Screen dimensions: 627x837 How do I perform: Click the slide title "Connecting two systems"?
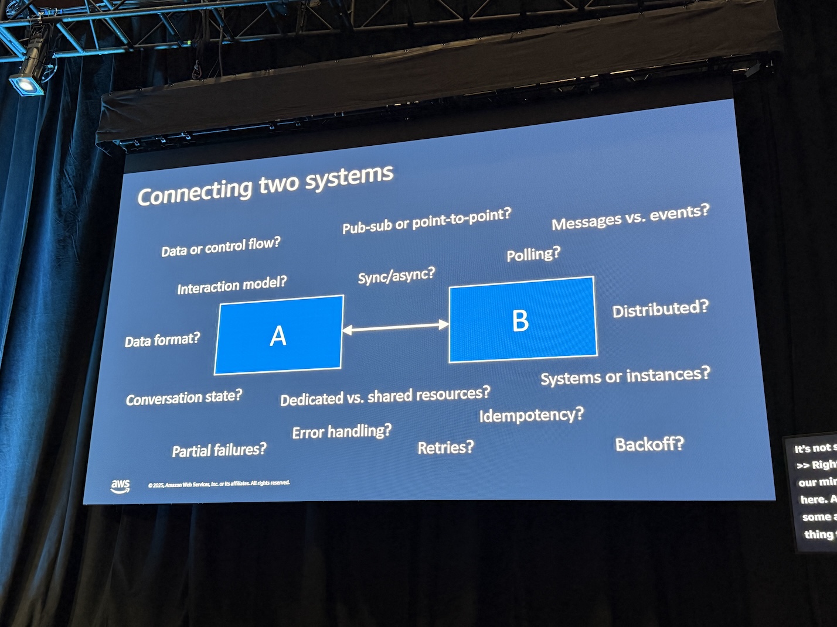tap(265, 185)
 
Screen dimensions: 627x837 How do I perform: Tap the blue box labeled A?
tap(278, 335)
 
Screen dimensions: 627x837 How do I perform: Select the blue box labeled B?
tap(522, 320)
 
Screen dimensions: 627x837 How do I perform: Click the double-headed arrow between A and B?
tap(396, 327)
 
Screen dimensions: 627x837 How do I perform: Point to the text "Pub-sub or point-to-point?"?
tap(426, 221)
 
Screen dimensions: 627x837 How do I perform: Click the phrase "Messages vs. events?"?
tap(630, 217)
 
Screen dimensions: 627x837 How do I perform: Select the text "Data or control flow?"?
tap(221, 246)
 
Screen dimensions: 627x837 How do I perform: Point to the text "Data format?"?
tap(162, 340)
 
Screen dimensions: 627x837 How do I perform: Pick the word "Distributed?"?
tap(660, 309)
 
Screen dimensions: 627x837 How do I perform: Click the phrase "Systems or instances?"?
tap(624, 376)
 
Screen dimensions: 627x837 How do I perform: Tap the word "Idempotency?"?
tap(531, 415)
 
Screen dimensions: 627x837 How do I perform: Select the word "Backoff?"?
tap(649, 444)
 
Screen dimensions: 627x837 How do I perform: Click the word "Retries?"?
tap(445, 448)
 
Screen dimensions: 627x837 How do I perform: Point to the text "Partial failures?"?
tap(219, 450)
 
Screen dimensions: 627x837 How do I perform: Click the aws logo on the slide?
tap(120, 485)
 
